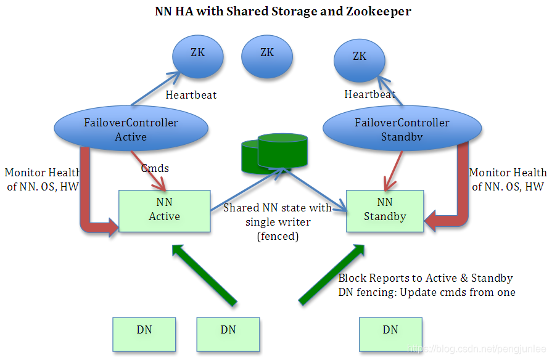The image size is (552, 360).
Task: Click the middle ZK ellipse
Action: pos(267,56)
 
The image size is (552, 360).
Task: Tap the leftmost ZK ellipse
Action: pos(198,56)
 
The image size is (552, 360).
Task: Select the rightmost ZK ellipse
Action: pos(360,60)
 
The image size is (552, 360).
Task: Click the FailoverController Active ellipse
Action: pos(131,128)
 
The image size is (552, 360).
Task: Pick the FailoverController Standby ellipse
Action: pos(402,128)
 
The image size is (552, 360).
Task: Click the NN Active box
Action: pos(165,211)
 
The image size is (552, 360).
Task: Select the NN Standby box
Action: pos(385,211)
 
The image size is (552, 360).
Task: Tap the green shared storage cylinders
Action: pos(274,153)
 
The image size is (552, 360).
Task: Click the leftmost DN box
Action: pos(144,334)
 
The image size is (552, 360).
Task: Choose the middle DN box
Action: pos(228,334)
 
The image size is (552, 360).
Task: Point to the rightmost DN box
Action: pos(390,334)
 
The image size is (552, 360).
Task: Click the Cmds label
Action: pos(155,168)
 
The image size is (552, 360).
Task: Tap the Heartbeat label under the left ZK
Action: pos(191,95)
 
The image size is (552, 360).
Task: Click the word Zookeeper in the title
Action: pos(379,11)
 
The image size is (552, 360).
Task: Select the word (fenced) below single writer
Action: pos(278,236)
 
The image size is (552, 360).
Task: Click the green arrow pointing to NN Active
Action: pos(204,275)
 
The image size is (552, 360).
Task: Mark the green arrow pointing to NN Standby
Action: pos(332,274)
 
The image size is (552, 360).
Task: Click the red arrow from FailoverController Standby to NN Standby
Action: pos(394,171)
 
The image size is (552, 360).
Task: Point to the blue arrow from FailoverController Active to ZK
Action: pos(155,89)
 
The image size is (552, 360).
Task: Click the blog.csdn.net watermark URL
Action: pos(477,349)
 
